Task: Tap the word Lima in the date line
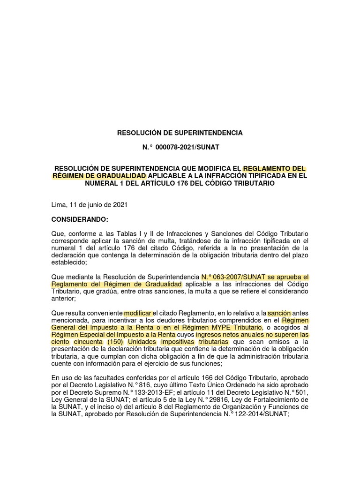click(x=58, y=205)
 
